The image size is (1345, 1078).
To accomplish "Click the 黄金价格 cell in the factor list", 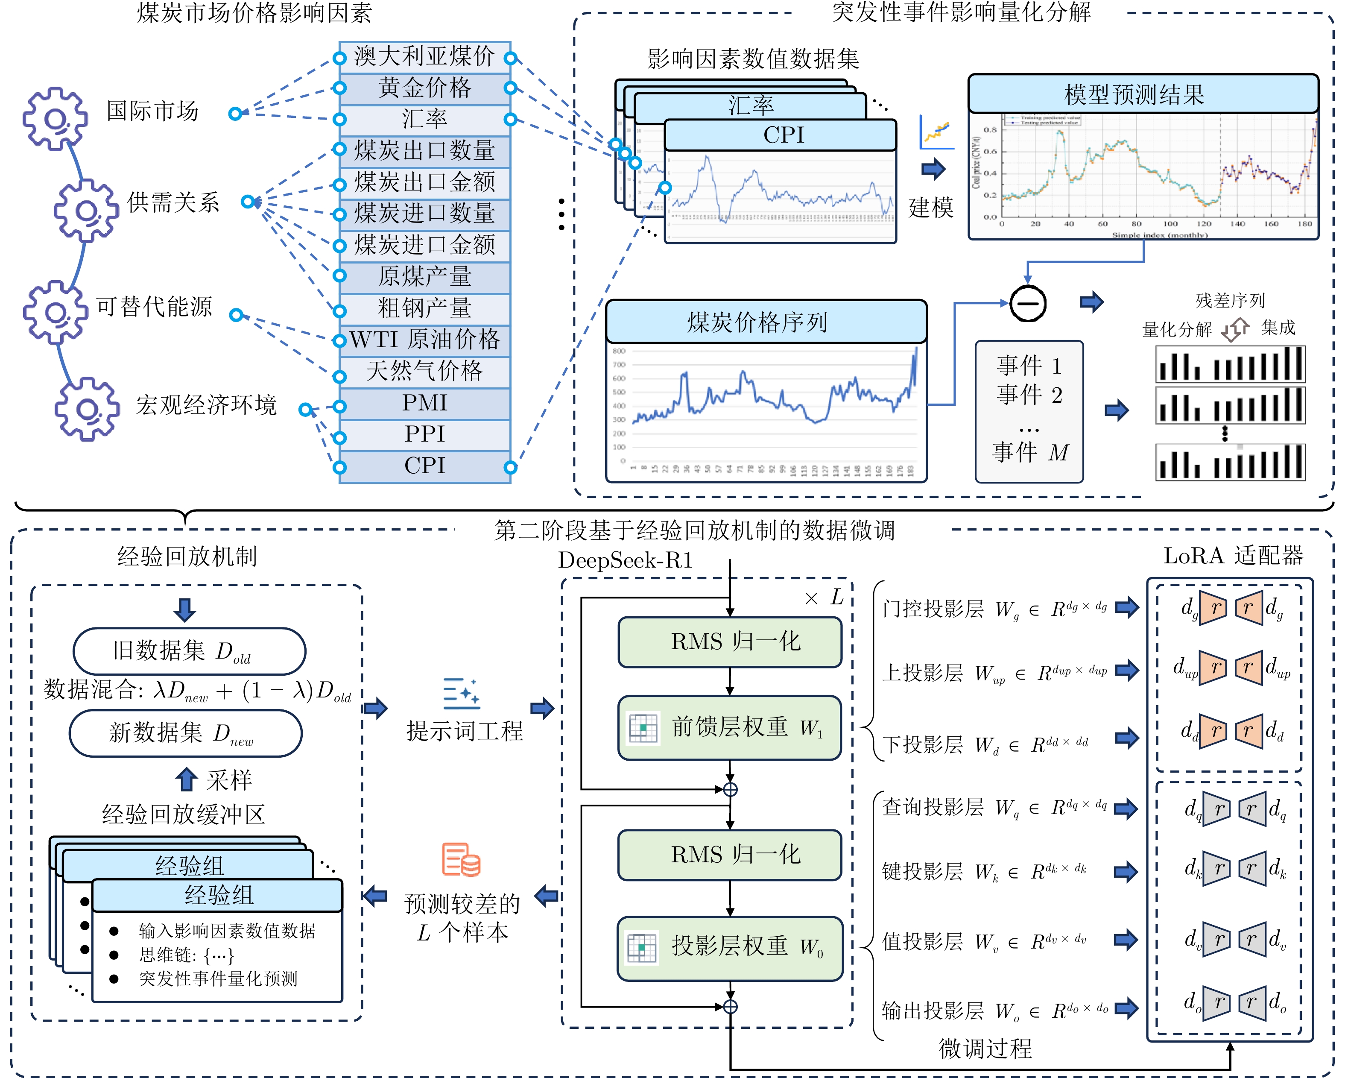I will pos(425,88).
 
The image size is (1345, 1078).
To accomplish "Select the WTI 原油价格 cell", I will pos(425,340).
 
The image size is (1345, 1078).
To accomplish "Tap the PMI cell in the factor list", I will pos(425,403).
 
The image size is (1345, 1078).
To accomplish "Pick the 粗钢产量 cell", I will pos(425,309).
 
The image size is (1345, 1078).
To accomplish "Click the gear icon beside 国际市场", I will pos(55,119).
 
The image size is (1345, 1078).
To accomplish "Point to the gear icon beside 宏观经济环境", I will pos(87,409).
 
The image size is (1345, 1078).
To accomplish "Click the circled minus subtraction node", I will pos(1027,304).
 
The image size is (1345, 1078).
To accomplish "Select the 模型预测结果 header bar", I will pos(1143,94).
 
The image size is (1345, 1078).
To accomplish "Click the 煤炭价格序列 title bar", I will pos(766,322).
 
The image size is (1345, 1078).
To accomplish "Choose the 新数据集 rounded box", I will pos(185,733).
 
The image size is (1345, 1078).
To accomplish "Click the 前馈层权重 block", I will pos(729,727).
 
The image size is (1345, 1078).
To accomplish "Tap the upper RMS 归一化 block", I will pos(729,642).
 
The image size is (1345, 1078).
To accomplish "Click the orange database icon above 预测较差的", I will pos(461,860).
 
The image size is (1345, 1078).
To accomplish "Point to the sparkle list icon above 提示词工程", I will pos(461,693).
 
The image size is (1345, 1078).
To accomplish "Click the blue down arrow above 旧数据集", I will pos(184,609).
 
